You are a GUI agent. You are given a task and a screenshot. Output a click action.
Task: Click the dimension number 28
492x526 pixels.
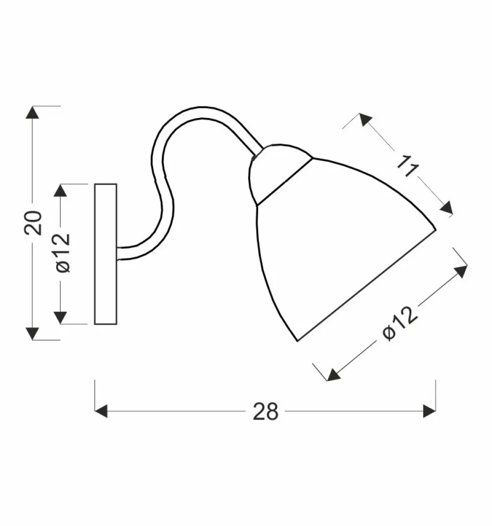point(266,411)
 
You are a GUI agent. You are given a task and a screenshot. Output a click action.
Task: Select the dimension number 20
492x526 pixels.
point(33,222)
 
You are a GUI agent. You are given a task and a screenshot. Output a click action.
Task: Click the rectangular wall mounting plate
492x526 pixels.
point(106,253)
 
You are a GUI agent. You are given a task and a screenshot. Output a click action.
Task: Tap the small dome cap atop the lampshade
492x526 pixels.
point(276,172)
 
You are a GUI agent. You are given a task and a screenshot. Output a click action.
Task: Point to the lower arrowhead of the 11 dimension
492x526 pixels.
point(446,209)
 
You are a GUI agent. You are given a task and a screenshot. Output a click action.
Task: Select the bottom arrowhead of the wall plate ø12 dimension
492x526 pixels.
point(60,318)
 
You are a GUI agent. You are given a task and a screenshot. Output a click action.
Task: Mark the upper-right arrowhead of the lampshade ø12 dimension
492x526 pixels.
point(461,271)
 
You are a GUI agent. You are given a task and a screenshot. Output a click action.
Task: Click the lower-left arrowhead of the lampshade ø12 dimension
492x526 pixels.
point(333,374)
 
